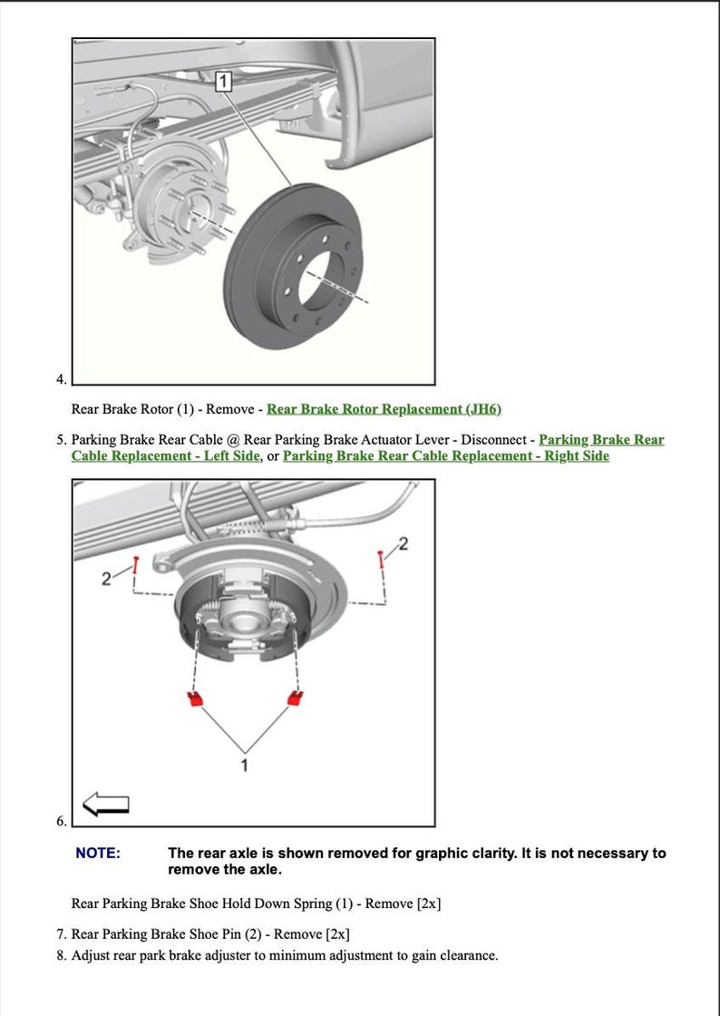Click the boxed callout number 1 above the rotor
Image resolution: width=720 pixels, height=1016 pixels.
coord(224,83)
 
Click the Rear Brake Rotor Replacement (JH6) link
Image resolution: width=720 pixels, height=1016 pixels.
coord(384,409)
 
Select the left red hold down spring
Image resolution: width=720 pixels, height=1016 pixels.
coord(193,698)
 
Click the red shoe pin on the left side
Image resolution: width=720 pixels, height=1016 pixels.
coord(135,566)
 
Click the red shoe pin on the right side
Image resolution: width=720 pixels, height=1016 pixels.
coord(382,559)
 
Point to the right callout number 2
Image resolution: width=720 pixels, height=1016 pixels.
coord(404,544)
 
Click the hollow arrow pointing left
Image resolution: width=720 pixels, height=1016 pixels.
coord(105,804)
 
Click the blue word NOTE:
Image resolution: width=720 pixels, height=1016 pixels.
coord(97,853)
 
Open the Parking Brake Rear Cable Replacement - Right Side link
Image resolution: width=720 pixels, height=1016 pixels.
coord(445,456)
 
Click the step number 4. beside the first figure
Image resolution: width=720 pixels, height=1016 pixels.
coord(61,379)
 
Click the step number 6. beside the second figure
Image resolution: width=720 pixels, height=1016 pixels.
coord(61,821)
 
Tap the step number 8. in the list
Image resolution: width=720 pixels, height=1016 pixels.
coord(61,955)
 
